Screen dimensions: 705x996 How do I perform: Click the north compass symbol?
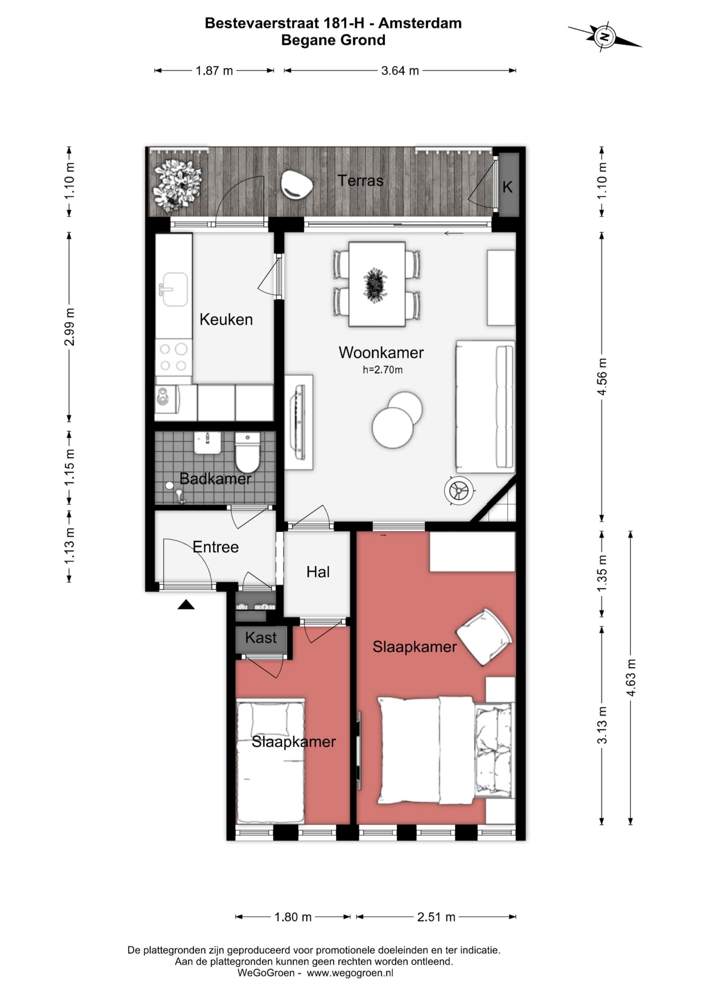(x=604, y=37)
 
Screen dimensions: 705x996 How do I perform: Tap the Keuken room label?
(x=226, y=320)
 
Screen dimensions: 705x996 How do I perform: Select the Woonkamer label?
(x=381, y=352)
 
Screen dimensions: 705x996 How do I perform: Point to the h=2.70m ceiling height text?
(x=382, y=370)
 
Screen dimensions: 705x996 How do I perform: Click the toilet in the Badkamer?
(x=248, y=452)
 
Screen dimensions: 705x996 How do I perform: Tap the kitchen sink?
(x=174, y=289)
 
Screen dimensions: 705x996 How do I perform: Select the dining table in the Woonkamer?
(x=377, y=284)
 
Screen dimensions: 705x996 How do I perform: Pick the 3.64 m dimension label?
(x=400, y=71)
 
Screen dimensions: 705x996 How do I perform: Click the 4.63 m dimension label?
(x=631, y=678)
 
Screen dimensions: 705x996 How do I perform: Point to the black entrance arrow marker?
(x=186, y=604)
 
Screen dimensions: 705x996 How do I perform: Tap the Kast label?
(x=260, y=638)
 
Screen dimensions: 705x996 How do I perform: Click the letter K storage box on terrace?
(x=508, y=185)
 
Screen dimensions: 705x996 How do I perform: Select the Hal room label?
(x=318, y=572)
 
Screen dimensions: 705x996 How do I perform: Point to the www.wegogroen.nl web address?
(x=350, y=973)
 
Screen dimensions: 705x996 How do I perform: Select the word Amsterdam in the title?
(x=420, y=23)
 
